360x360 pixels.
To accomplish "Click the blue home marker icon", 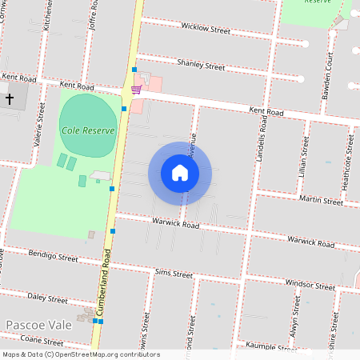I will tap(180, 173).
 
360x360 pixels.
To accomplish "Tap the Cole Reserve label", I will tap(88, 130).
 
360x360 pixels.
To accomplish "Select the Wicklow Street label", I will tap(206, 30).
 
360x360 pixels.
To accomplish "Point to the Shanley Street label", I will tap(201, 64).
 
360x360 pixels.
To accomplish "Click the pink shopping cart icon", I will tap(137, 90).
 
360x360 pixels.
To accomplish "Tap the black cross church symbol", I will tap(10, 98).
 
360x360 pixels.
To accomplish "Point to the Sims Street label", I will tap(174, 274).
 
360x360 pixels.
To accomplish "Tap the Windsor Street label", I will tap(310, 285).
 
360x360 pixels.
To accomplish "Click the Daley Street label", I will tap(48, 298).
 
